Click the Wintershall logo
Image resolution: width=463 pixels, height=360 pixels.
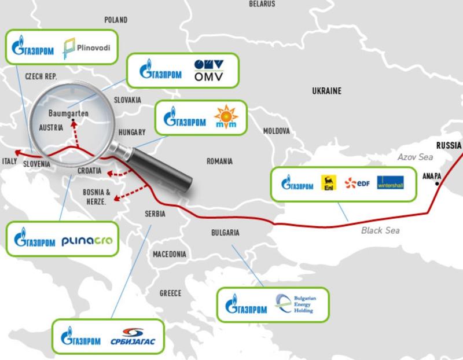pos(389,183)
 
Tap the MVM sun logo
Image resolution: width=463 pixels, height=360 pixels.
pos(223,115)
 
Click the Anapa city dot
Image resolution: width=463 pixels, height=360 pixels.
pos(437,183)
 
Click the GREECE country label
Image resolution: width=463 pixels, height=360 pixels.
pos(170,293)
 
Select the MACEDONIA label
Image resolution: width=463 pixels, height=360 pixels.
pos(170,254)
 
